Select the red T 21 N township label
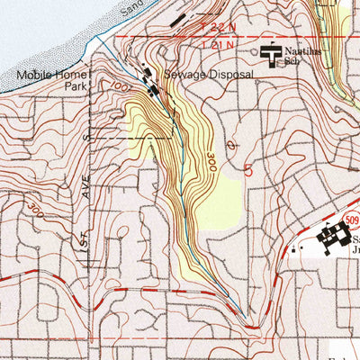click(219, 42)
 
